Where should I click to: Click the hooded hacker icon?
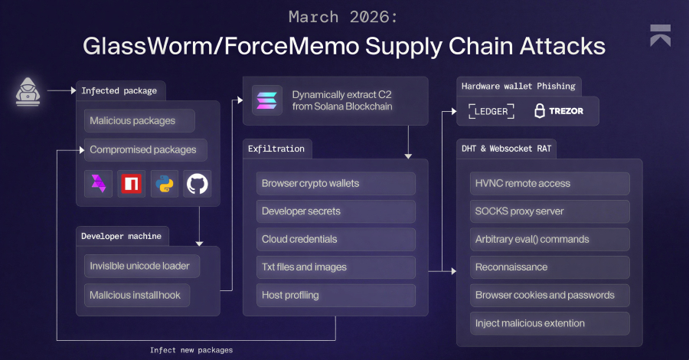[28, 91]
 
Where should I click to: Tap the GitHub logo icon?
[198, 184]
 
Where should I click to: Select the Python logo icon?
[165, 184]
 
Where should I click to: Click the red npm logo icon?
[132, 184]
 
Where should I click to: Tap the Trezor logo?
[559, 111]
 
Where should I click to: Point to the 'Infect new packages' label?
[191, 350]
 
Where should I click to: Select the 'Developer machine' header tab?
[121, 236]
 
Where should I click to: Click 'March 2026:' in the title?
[344, 17]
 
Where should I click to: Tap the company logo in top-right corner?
[660, 35]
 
